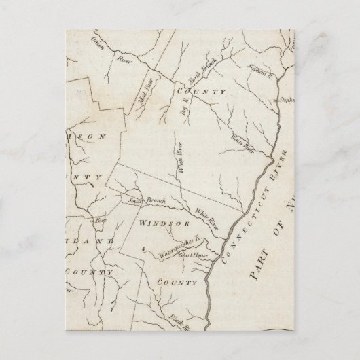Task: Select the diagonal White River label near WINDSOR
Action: pyautogui.click(x=207, y=217)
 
